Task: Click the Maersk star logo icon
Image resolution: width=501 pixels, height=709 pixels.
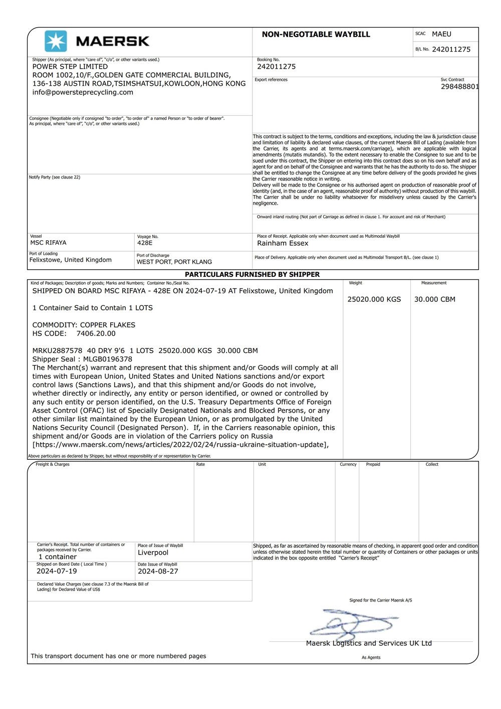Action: pos(56,41)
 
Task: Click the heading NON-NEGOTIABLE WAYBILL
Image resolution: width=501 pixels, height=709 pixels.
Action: pos(316,35)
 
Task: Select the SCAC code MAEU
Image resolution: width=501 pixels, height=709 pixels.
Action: pos(441,34)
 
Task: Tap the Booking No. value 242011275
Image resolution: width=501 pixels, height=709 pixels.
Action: pos(276,67)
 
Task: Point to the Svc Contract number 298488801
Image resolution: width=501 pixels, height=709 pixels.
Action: pos(459,87)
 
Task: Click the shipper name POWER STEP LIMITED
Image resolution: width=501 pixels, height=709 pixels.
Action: pos(70,67)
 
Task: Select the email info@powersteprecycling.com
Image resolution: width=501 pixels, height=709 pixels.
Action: pos(83,92)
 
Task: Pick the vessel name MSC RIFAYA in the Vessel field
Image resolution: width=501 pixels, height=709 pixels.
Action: pos(48,243)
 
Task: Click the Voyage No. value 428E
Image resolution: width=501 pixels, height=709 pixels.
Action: pos(145,243)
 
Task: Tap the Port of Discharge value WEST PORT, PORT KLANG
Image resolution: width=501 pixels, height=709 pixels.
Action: pos(174,262)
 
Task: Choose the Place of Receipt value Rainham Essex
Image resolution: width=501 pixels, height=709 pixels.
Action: pos(283,243)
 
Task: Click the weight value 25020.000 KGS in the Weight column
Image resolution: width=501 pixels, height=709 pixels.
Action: pos(374,299)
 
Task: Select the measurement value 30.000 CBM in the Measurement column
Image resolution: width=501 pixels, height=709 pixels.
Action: pos(435,299)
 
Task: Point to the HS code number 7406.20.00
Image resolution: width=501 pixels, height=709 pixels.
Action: pos(96,333)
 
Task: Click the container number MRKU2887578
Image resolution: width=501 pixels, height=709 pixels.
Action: pos(57,350)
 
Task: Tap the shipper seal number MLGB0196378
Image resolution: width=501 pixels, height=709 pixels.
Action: pos(108,359)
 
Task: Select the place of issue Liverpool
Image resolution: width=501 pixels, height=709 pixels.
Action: pos(153,553)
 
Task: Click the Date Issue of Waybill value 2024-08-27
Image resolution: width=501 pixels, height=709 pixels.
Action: pos(158,571)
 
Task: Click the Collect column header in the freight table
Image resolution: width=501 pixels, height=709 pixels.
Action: pos(432,464)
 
